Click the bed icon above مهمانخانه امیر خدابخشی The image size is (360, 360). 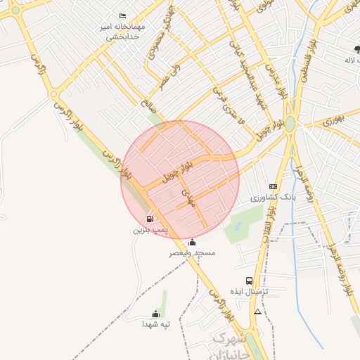click(x=123, y=15)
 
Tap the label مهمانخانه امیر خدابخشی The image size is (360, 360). click(x=124, y=32)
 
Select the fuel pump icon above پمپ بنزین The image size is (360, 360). click(x=150, y=219)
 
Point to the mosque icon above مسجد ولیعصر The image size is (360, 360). click(x=193, y=243)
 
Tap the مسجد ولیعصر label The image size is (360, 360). click(x=192, y=252)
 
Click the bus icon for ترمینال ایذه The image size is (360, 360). click(x=249, y=281)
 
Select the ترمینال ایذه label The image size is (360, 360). click(x=249, y=290)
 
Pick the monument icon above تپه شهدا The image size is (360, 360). click(x=155, y=314)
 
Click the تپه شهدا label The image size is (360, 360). click(x=156, y=324)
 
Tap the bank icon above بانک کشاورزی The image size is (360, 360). click(x=273, y=186)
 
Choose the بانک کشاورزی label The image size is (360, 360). click(x=279, y=197)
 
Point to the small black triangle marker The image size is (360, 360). click(x=257, y=311)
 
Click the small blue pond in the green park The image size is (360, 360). click(x=238, y=226)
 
